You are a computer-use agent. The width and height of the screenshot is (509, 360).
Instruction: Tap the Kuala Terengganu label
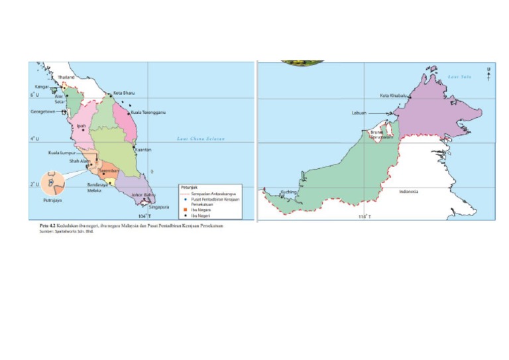(x=148, y=113)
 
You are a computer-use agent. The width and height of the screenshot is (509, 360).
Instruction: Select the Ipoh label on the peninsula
(x=82, y=125)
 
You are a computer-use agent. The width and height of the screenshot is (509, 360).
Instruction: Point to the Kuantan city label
(x=143, y=150)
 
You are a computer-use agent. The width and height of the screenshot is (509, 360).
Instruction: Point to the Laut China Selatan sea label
(x=201, y=139)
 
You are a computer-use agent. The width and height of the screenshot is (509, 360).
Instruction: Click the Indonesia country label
(x=408, y=191)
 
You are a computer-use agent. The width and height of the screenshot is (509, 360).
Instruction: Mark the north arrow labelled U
(x=488, y=74)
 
